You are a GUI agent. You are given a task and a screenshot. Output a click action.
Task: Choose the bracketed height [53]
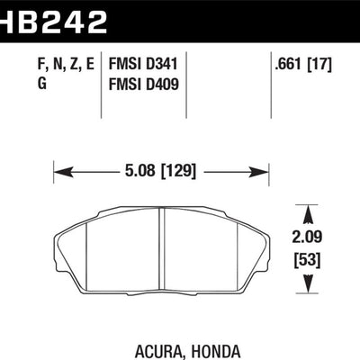(310, 262)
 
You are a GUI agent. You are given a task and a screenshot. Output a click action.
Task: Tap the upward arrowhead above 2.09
(310, 212)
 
